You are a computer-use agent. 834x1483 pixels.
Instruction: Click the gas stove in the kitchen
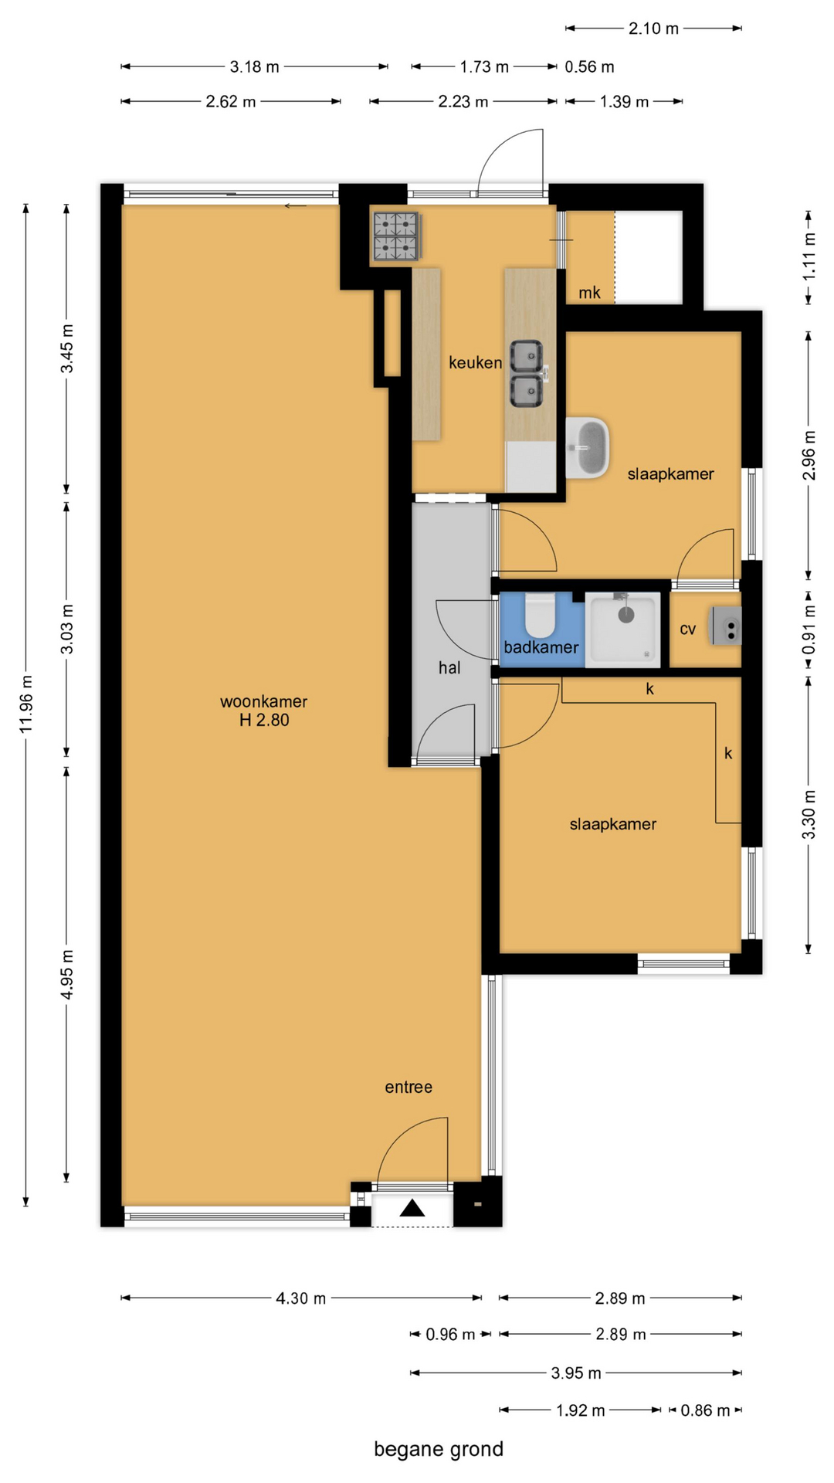(396, 236)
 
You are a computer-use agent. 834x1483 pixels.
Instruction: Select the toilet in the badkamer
(541, 616)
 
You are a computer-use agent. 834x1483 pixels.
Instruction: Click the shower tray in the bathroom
(623, 630)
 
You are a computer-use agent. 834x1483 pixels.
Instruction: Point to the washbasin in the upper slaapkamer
(587, 448)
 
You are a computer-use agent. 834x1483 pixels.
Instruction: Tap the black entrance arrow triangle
(412, 1208)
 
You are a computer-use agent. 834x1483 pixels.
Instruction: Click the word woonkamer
(264, 701)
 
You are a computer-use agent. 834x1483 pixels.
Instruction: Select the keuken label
(476, 362)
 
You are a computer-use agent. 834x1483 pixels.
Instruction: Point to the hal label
(449, 667)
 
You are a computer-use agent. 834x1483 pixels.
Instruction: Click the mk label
(589, 293)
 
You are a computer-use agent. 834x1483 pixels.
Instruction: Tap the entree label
(409, 1087)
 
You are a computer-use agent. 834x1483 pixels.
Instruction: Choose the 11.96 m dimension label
(26, 704)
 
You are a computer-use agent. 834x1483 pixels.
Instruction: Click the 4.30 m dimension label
(301, 1298)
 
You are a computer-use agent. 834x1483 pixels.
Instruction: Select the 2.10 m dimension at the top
(653, 29)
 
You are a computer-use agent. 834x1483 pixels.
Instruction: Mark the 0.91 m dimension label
(809, 629)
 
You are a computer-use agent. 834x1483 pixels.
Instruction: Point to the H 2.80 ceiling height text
(264, 720)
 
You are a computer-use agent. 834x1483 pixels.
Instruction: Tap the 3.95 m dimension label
(576, 1373)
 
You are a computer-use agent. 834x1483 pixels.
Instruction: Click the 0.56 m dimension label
(589, 67)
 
